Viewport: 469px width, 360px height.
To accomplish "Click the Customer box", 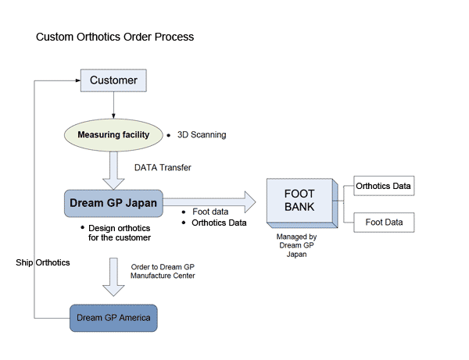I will [x=113, y=80].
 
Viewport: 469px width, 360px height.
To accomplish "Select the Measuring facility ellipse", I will [x=113, y=135].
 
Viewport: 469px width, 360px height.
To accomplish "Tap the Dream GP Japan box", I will [x=113, y=204].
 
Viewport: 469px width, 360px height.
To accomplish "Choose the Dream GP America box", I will [x=113, y=318].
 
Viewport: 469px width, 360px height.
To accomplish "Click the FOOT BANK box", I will [x=299, y=201].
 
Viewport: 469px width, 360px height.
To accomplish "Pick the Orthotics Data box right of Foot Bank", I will [x=383, y=186].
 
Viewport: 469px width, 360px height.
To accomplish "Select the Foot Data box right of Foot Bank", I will [x=384, y=223].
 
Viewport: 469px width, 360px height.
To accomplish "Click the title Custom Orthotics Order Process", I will [x=115, y=37].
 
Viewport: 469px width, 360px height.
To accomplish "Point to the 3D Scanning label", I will [x=202, y=135].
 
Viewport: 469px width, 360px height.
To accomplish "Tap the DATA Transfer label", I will [x=163, y=168].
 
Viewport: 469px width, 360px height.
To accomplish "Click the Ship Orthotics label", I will [x=43, y=263].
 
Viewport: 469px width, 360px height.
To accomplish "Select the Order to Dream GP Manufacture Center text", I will [x=163, y=271].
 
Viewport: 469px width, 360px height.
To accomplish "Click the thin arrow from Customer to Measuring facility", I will [x=113, y=104].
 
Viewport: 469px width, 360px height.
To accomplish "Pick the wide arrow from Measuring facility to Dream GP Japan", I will [x=114, y=170].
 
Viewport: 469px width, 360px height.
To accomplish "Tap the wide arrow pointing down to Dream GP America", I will [x=114, y=277].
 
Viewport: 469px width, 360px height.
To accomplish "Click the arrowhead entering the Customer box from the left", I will [x=77, y=80].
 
